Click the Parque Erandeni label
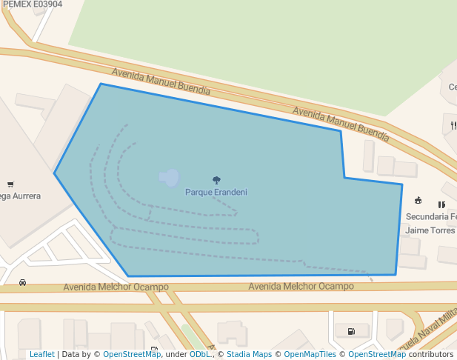click(216, 193)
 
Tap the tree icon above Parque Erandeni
click(216, 180)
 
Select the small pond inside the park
click(170, 177)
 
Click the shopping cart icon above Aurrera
click(10, 184)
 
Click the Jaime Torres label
click(430, 230)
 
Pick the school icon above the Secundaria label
click(418, 200)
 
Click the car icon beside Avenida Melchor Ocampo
click(23, 283)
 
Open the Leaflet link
click(41, 355)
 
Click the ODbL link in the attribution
click(199, 355)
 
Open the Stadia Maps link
click(249, 355)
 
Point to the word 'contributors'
click(431, 355)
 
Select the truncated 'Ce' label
click(452, 87)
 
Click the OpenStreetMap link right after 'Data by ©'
click(132, 355)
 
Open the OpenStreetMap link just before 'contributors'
click(377, 355)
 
